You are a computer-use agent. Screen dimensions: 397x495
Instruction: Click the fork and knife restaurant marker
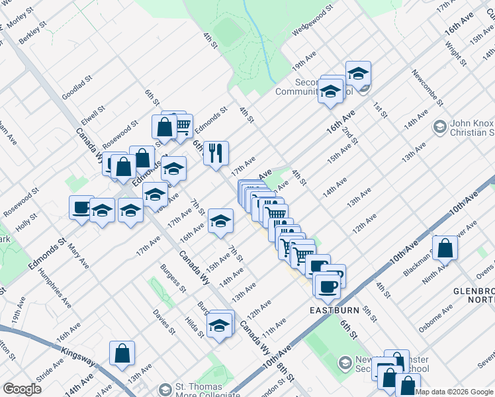[x=216, y=154]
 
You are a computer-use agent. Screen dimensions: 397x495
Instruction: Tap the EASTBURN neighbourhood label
[x=330, y=310]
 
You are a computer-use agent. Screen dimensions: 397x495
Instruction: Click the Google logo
[x=22, y=389]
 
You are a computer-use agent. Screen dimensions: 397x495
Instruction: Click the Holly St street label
[x=26, y=222]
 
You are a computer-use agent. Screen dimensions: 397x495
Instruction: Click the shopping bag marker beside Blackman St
[x=446, y=248]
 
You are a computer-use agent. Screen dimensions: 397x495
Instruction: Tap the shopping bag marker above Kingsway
[x=122, y=353]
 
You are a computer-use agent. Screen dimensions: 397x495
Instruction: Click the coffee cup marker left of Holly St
[x=81, y=207]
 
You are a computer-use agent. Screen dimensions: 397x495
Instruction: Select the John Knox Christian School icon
[x=439, y=126]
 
